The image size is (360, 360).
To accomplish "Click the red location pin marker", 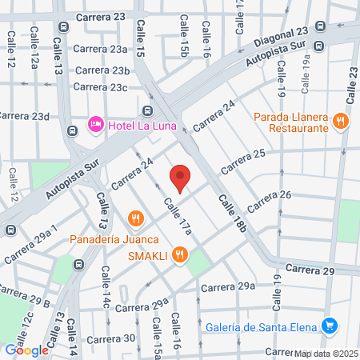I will [181, 178].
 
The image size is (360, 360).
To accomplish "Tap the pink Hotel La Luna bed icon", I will [94, 125].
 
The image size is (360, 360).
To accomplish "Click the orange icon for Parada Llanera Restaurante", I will [341, 122].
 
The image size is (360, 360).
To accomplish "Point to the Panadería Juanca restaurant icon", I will [135, 218].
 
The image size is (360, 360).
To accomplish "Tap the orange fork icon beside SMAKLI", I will [181, 255].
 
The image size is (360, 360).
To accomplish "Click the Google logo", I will [26, 350].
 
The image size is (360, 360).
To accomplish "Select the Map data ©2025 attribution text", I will [325, 354].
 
